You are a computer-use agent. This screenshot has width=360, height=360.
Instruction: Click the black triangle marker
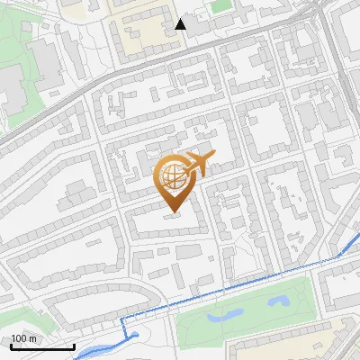(181, 23)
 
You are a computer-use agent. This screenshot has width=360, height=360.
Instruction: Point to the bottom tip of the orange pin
(171, 213)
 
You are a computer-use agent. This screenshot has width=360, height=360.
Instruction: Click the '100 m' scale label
(24, 338)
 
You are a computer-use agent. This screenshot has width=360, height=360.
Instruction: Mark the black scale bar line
(42, 346)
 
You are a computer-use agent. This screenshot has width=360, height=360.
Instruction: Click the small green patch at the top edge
(221, 5)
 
